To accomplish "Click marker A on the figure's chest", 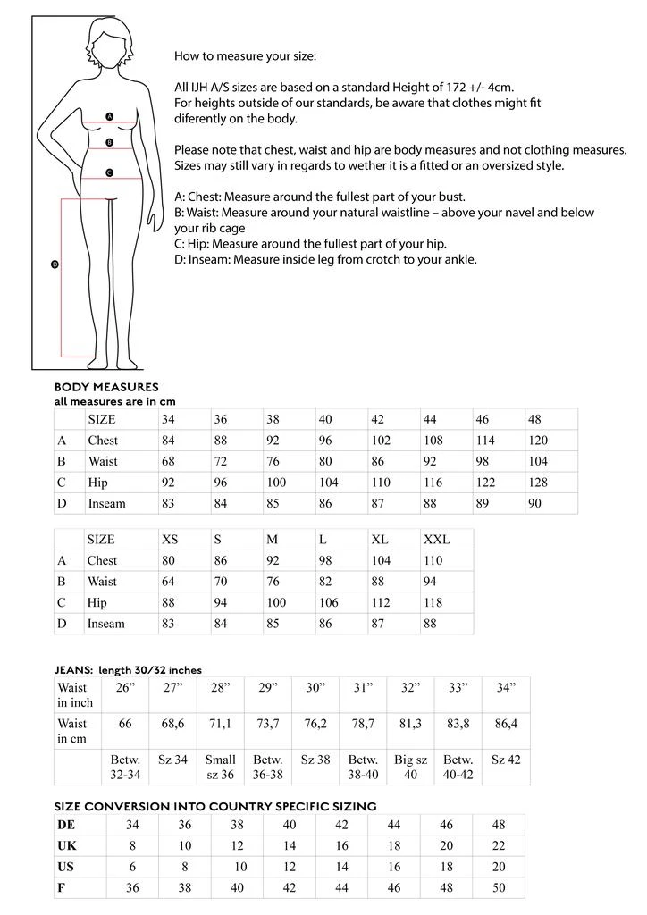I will click(x=109, y=116).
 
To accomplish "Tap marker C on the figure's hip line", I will click(x=109, y=172).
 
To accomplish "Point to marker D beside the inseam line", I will click(x=55, y=264).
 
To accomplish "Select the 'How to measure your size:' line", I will click(x=245, y=56).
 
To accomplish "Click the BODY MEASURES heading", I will click(x=106, y=388).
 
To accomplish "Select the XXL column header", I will click(x=436, y=540).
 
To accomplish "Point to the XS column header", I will click(x=169, y=540).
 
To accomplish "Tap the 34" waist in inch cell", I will click(x=505, y=688).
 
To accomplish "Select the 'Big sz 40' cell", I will click(x=410, y=767).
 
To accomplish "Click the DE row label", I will click(x=66, y=825).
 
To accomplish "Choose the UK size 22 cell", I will click(x=498, y=846).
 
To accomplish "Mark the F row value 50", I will click(x=498, y=888).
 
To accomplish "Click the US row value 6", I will click(x=131, y=867).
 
